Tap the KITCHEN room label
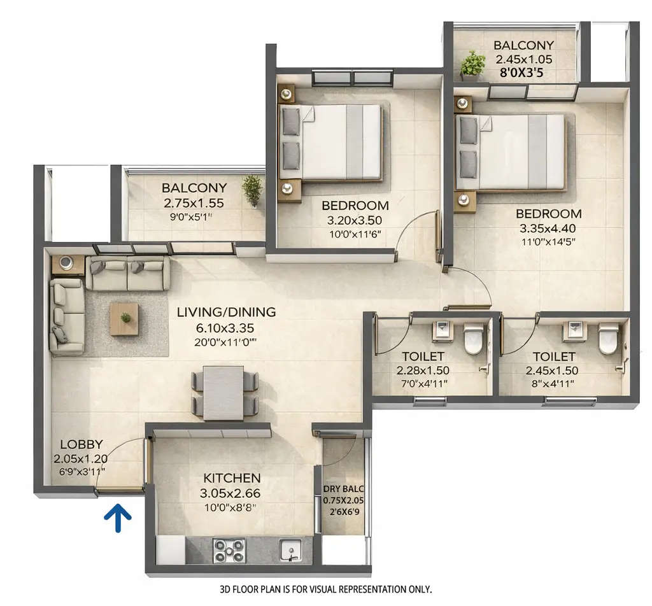coord(232,478)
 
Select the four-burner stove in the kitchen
coord(229,549)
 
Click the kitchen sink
coord(290,550)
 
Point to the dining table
coord(224,392)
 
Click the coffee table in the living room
coord(124,318)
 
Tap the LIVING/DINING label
coord(226,313)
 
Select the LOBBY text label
coord(81,445)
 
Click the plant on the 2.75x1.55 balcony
coord(252,189)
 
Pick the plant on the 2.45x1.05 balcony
coord(472,64)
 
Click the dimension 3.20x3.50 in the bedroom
coord(355,220)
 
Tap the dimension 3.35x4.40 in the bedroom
coord(548,228)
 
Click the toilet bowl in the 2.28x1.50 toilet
coord(473,339)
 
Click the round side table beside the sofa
coord(67,264)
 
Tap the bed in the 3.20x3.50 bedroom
coord(332,141)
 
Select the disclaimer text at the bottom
coord(325,589)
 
